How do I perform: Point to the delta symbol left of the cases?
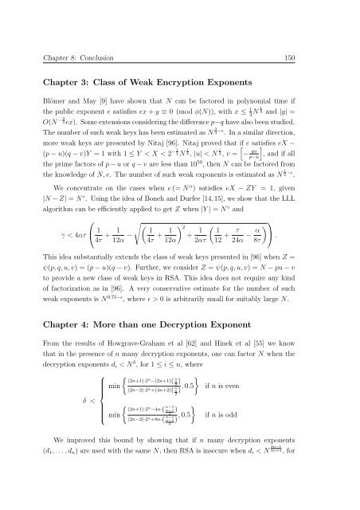click(x=50, y=441)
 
